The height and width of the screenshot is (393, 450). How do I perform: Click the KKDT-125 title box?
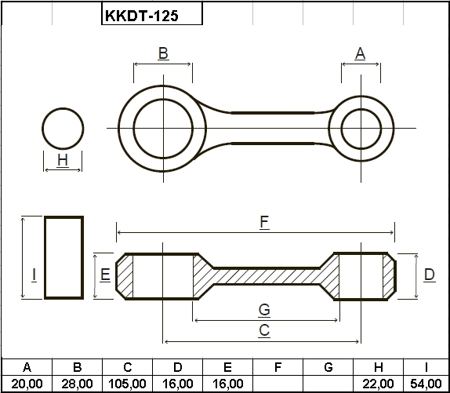[x=152, y=13]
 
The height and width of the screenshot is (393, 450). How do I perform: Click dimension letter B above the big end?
[x=163, y=53]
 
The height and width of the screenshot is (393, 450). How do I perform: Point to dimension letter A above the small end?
[x=360, y=53]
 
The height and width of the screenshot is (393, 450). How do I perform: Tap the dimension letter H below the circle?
[x=63, y=160]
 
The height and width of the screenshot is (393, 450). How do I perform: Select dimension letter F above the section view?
[x=264, y=222]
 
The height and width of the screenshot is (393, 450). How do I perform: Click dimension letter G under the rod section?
[x=264, y=310]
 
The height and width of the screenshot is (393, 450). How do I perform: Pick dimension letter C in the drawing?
[x=264, y=330]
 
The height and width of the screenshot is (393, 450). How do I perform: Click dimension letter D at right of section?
[x=430, y=275]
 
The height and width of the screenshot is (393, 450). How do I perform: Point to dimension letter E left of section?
[x=105, y=275]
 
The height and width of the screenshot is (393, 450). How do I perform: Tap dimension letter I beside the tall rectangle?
[x=34, y=275]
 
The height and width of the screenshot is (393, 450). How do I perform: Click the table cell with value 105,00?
[x=128, y=384]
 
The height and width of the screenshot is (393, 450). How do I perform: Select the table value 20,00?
[x=27, y=384]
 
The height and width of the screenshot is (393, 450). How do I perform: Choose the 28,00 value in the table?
[x=77, y=384]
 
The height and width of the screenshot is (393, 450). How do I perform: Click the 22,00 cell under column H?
[x=378, y=384]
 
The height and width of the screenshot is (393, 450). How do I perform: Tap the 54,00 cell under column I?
[x=426, y=384]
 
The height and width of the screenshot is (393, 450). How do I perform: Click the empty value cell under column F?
[x=278, y=384]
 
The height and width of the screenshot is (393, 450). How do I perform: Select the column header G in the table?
[x=328, y=367]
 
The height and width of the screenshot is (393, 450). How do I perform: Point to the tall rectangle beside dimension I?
[x=45, y=257]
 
